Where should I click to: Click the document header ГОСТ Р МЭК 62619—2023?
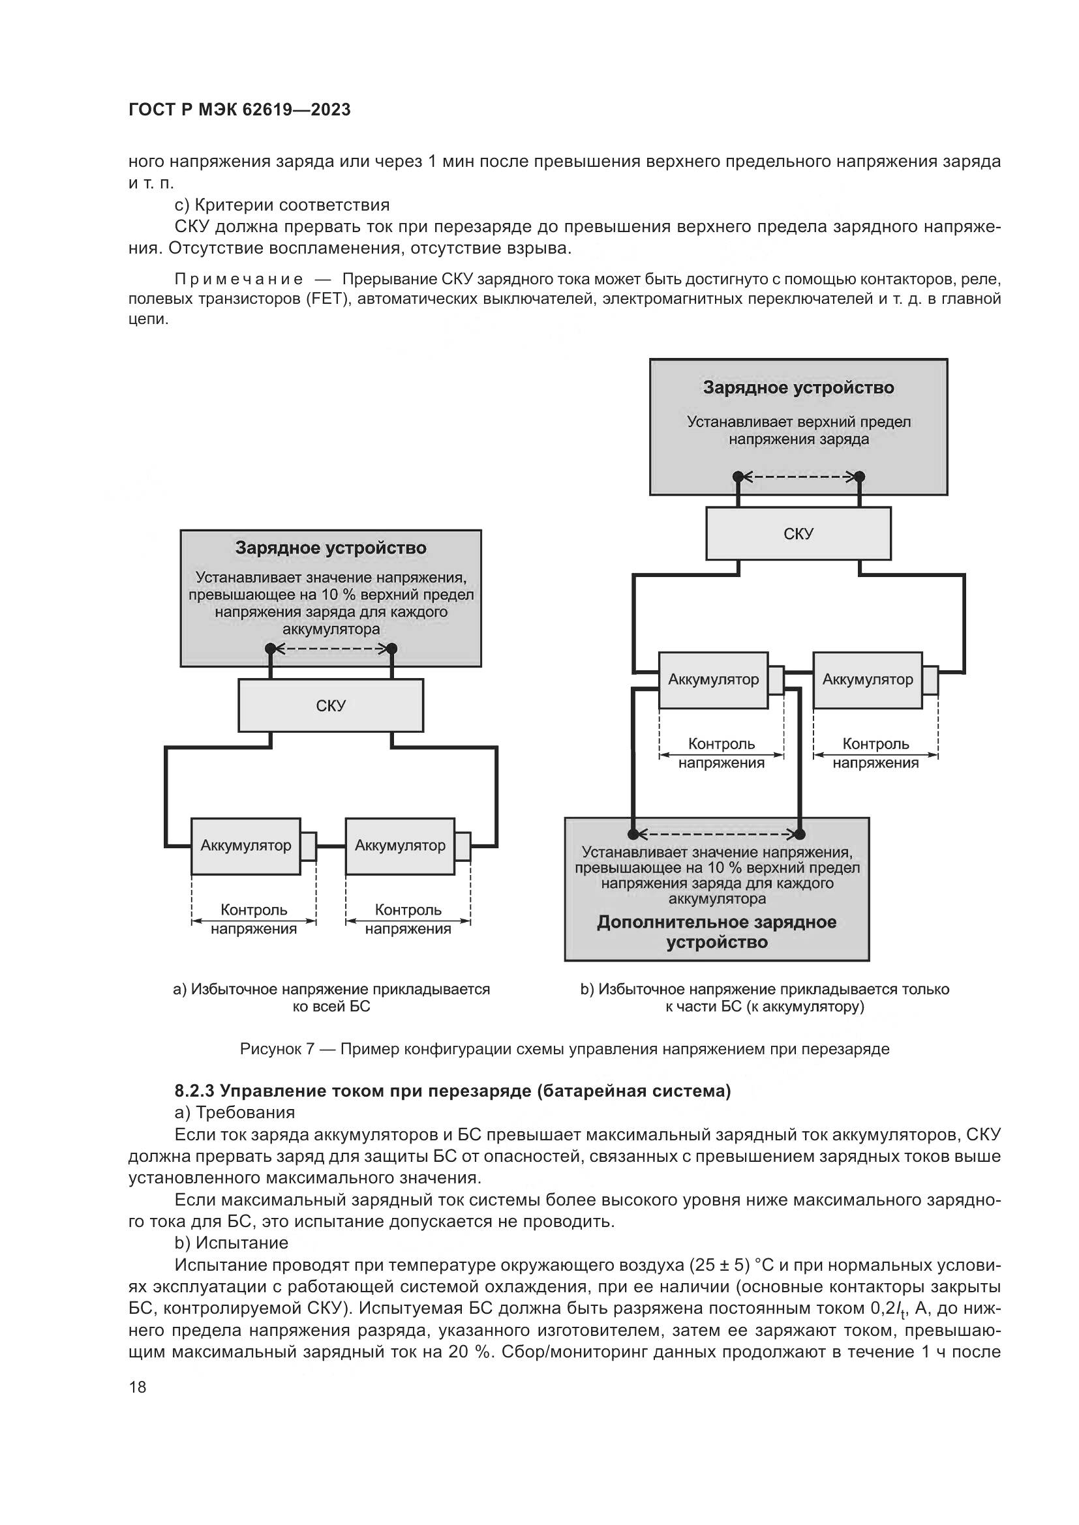(239, 110)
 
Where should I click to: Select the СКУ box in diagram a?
(331, 705)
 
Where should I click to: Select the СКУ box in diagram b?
(798, 534)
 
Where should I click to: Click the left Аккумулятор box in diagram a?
(246, 846)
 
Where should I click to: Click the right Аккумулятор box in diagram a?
(400, 846)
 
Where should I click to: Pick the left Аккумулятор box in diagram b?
(713, 679)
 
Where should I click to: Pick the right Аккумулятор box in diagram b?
(867, 679)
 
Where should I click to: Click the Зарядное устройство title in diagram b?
(798, 388)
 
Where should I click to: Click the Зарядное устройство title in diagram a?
(331, 548)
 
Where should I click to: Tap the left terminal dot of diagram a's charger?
(271, 648)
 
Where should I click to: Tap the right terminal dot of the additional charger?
(800, 835)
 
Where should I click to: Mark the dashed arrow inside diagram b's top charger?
(798, 476)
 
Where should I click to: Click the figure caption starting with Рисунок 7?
(564, 1050)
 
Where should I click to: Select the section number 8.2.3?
(194, 1091)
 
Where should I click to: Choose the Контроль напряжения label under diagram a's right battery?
(408, 919)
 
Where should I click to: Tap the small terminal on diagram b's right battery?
(930, 680)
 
